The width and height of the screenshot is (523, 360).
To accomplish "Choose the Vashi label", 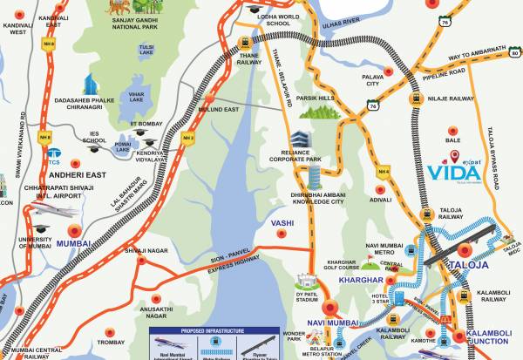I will point(282,223).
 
